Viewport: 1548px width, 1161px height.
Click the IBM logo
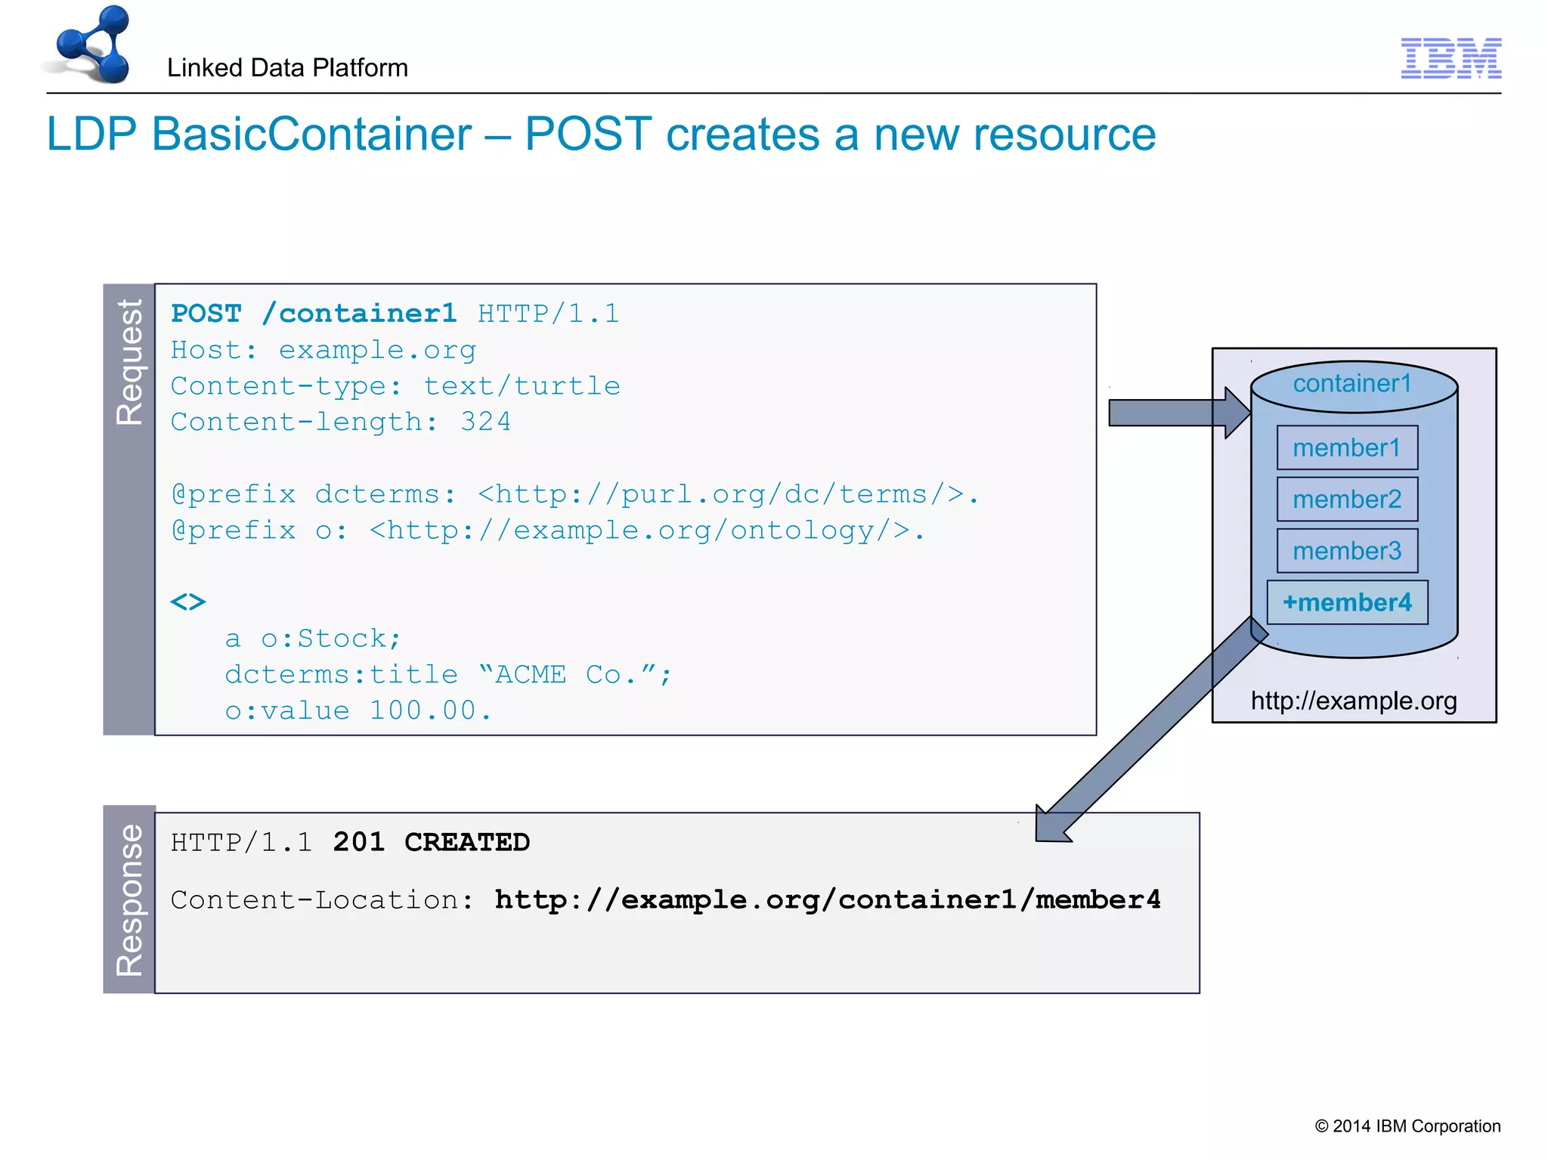1450,58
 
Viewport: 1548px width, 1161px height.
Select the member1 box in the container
1346,447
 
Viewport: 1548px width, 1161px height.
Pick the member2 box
1346,499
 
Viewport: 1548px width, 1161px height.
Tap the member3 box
1346,550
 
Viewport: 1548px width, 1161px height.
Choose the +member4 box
1347,602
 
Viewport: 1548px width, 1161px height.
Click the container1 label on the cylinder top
1352,384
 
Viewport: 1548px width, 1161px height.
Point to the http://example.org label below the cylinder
1353,701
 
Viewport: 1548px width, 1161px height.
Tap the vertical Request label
129,363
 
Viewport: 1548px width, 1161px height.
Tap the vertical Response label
129,899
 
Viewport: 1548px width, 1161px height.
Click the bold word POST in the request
206,314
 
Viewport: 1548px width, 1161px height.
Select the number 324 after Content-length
485,422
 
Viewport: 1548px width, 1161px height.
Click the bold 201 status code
358,842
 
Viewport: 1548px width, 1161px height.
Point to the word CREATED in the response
467,842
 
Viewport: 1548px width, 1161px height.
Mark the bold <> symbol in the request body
188,602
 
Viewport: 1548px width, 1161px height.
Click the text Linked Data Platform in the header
287,68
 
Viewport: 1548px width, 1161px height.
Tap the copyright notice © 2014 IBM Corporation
1407,1126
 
